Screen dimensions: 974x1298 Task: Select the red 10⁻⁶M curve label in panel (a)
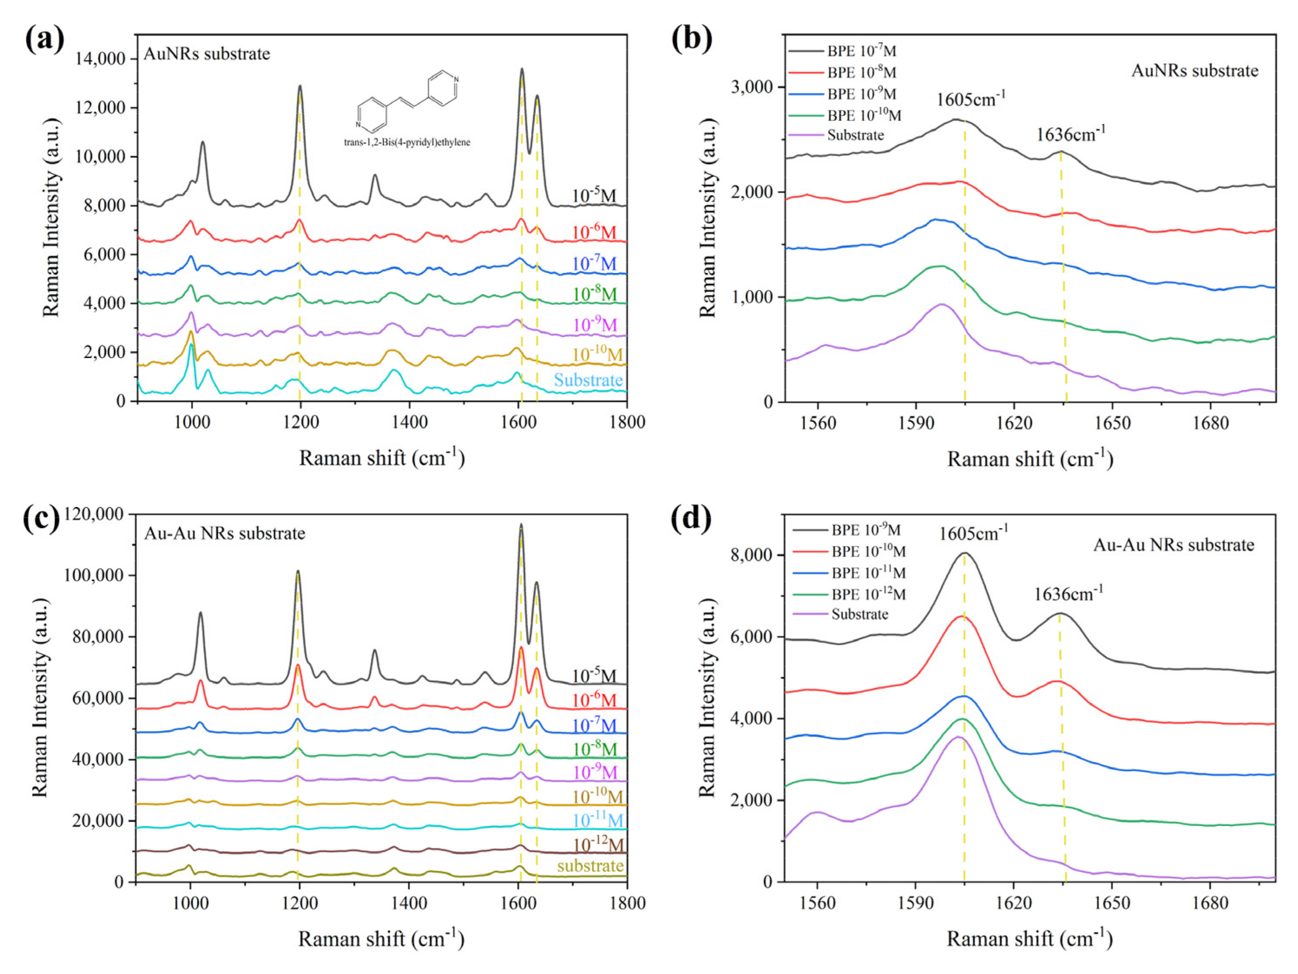click(x=594, y=232)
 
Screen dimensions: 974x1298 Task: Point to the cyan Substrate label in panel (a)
click(x=588, y=380)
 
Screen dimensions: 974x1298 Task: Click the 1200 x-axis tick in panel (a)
click(x=300, y=422)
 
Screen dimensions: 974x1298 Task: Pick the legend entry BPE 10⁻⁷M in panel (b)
click(x=861, y=51)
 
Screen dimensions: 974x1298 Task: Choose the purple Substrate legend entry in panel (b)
click(x=855, y=135)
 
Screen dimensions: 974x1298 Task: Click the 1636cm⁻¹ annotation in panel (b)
click(x=1070, y=135)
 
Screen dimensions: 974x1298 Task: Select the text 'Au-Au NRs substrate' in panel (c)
click(x=225, y=533)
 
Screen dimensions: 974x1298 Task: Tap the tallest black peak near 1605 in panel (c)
click(x=520, y=526)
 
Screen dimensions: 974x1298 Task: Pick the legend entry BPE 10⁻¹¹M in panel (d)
click(x=868, y=573)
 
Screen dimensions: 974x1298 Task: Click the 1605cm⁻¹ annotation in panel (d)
click(x=973, y=533)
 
